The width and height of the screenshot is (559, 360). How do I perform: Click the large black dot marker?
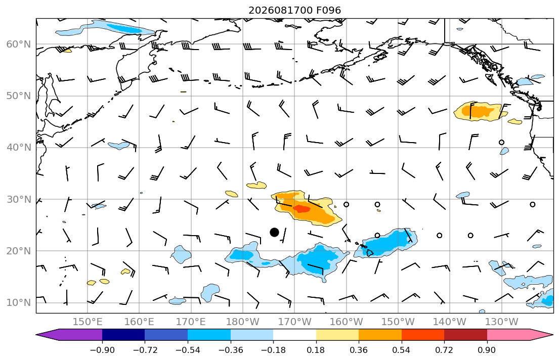point(274,233)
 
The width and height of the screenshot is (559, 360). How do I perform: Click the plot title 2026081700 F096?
point(294,10)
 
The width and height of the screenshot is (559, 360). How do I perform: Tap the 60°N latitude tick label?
point(19,44)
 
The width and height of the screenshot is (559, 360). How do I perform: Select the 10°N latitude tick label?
point(19,303)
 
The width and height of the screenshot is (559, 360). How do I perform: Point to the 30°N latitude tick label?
point(19,199)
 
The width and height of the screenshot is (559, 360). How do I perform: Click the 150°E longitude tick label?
point(88,322)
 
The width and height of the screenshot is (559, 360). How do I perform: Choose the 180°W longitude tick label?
point(243,322)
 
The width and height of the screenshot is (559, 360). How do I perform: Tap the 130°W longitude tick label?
point(502,322)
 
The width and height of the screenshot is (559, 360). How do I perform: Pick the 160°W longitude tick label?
point(346,322)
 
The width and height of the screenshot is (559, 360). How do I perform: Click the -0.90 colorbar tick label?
point(102,350)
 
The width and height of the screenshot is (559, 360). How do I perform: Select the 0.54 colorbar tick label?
point(402,350)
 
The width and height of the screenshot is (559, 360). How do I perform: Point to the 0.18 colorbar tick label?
point(316,350)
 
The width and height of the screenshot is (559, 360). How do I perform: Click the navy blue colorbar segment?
point(123,335)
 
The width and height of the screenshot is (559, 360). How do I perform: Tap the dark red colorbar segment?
point(465,335)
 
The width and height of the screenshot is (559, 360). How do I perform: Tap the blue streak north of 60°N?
point(107,28)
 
